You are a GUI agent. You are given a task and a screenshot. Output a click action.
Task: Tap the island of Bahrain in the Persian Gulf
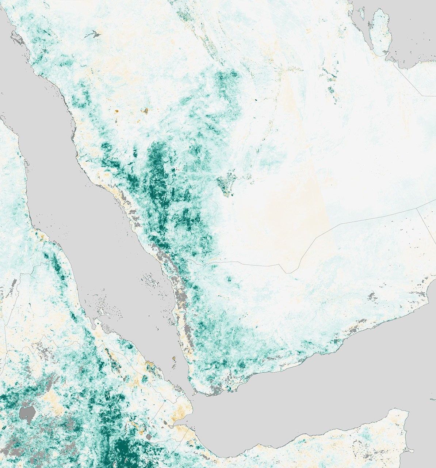tap(362, 14)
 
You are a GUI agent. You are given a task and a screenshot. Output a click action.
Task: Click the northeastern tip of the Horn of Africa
tap(407, 412)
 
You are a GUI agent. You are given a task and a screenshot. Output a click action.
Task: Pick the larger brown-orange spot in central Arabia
tap(145, 110)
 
